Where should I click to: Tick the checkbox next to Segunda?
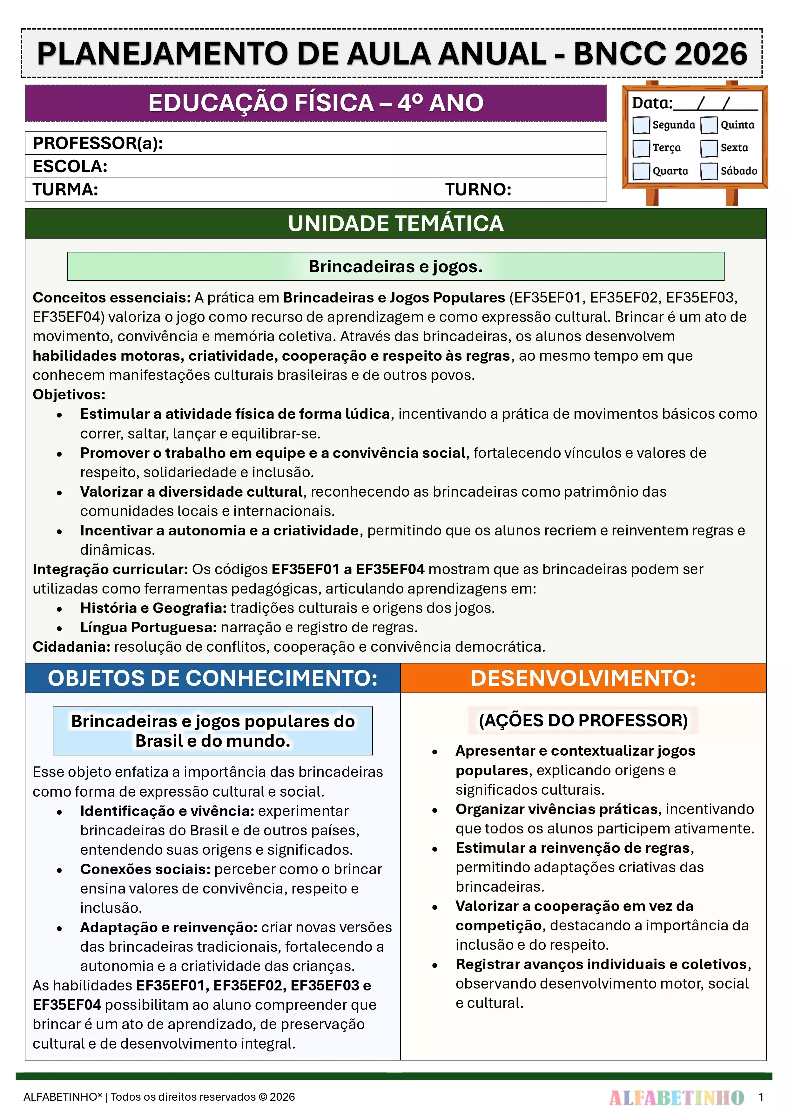[x=641, y=125]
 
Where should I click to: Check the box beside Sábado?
[x=709, y=171]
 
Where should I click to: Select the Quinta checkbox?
[x=709, y=125]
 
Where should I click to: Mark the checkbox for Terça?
[x=641, y=148]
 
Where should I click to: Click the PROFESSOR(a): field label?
[x=98, y=143]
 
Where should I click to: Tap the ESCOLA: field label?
[x=70, y=167]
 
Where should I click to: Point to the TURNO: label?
[x=478, y=189]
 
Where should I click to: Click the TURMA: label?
[x=65, y=189]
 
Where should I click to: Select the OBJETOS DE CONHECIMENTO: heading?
[x=213, y=678]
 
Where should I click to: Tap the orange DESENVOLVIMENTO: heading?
[x=583, y=678]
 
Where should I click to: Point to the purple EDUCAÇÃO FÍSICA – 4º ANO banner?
[x=316, y=103]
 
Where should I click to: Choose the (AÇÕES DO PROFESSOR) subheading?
[x=583, y=720]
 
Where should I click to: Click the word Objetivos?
[x=69, y=394]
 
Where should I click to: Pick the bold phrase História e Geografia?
[x=153, y=608]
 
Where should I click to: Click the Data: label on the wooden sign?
[x=651, y=103]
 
